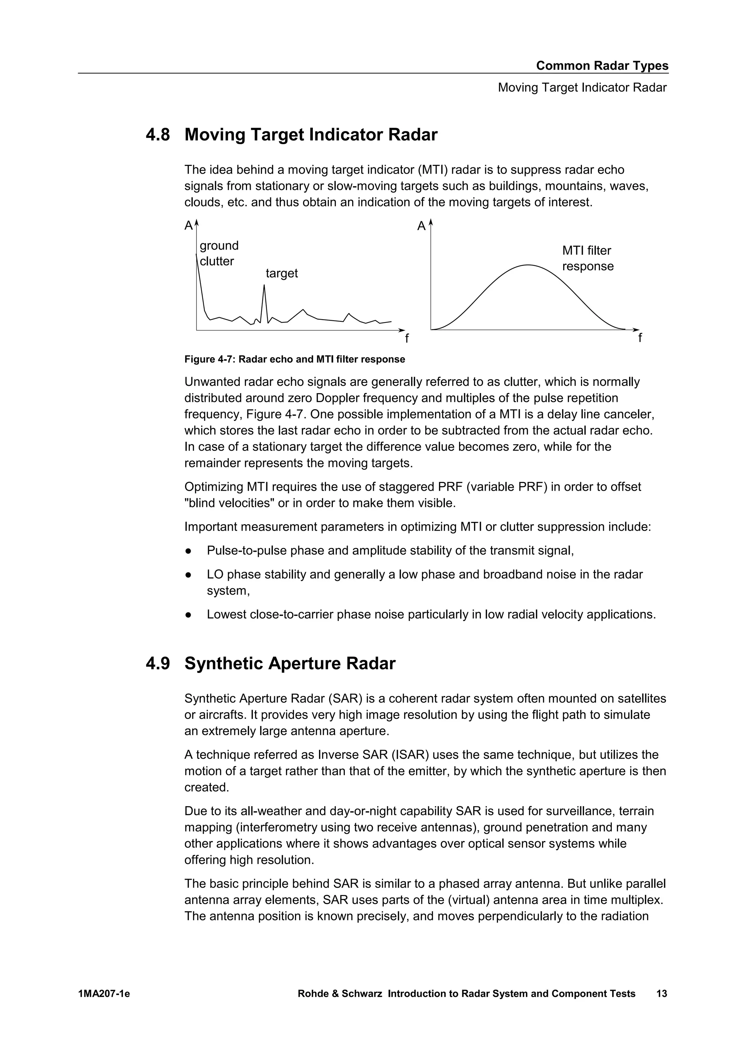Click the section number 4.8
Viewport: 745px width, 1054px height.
(x=158, y=135)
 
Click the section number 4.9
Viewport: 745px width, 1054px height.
(x=158, y=664)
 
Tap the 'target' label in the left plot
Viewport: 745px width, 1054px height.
(x=282, y=274)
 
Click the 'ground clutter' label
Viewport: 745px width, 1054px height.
(x=219, y=253)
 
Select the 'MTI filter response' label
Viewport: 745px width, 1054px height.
(x=587, y=258)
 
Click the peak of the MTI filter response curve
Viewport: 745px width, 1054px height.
(x=529, y=265)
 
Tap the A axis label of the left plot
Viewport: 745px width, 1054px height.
(x=188, y=226)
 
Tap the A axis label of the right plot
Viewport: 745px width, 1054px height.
(x=421, y=226)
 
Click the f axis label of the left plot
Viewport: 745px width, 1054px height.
(x=406, y=339)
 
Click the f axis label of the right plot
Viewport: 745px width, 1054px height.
(x=640, y=338)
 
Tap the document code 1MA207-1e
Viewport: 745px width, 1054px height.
(x=104, y=994)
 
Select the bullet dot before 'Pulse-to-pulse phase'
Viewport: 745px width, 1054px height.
(x=188, y=551)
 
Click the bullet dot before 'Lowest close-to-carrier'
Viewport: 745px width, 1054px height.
(x=188, y=615)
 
